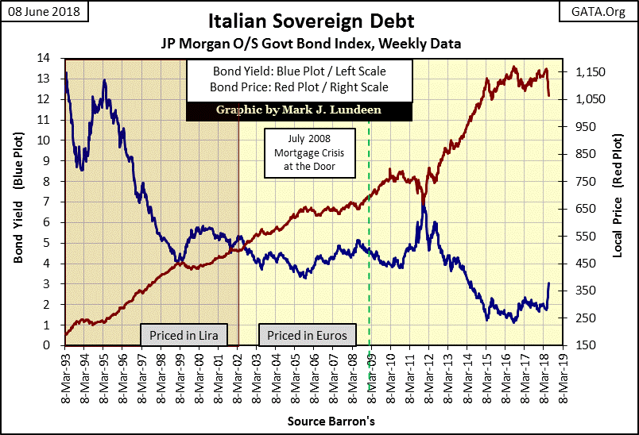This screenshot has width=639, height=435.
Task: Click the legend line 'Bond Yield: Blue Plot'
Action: (298, 72)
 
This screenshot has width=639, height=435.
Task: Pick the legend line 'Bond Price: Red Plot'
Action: (298, 87)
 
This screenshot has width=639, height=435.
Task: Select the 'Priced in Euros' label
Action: (307, 336)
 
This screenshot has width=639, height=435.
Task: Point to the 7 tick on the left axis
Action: (54, 202)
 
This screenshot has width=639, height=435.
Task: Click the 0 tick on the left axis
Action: (54, 345)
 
